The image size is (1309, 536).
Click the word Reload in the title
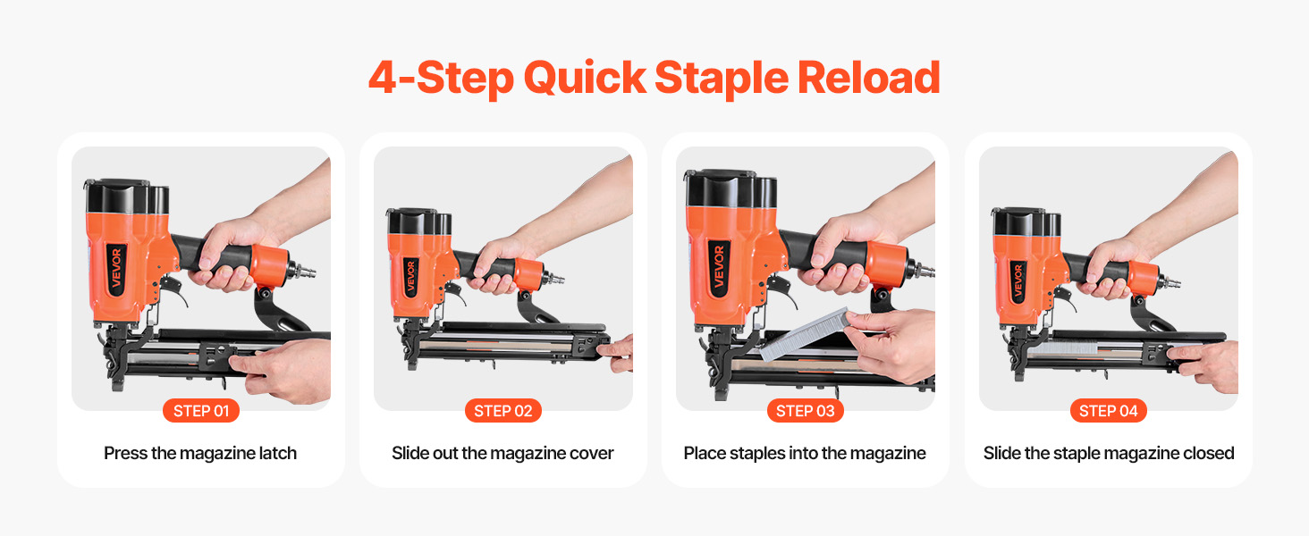click(x=868, y=78)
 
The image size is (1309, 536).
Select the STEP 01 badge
click(x=201, y=410)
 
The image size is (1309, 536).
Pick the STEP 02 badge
click(x=503, y=410)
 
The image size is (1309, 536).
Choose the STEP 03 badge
click(x=806, y=410)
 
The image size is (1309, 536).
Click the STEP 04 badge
click(x=1109, y=410)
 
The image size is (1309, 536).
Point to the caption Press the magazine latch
click(x=200, y=453)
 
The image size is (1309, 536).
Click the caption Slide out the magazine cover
click(x=502, y=453)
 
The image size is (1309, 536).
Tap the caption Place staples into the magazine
click(x=805, y=453)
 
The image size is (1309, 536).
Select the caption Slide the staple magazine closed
click(x=1109, y=453)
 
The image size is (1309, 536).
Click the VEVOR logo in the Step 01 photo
click(x=116, y=269)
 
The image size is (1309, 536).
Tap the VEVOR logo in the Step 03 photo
click(x=719, y=266)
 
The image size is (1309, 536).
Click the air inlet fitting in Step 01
click(x=303, y=271)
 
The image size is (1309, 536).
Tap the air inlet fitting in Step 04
click(x=1170, y=284)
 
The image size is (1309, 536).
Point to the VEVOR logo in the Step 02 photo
click(x=410, y=277)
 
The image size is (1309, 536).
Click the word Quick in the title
click(x=585, y=79)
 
